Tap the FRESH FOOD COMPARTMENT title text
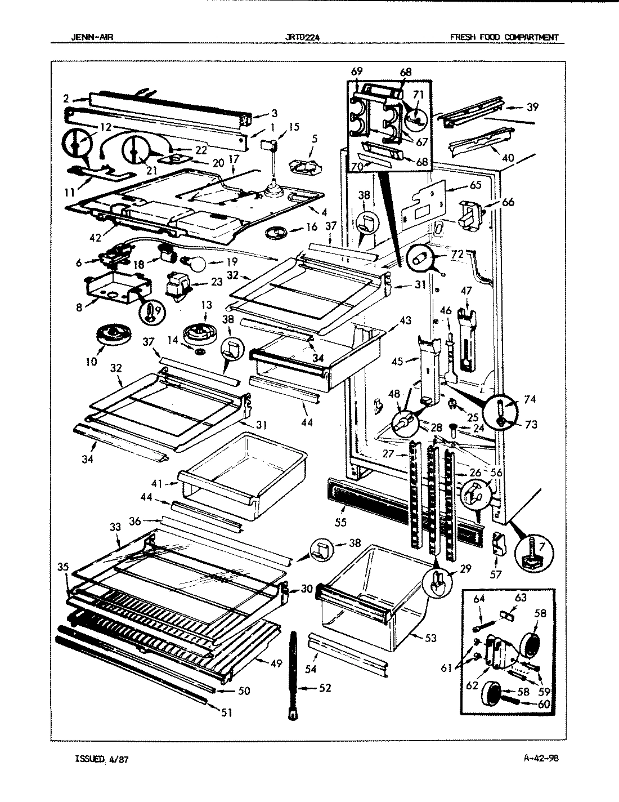click(504, 38)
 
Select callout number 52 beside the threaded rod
click(324, 688)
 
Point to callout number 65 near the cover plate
click(476, 184)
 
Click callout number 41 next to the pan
click(157, 483)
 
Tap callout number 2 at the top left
click(67, 99)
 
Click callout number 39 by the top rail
click(532, 107)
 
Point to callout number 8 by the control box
click(78, 308)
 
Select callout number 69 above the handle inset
click(356, 72)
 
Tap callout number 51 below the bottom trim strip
click(226, 712)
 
